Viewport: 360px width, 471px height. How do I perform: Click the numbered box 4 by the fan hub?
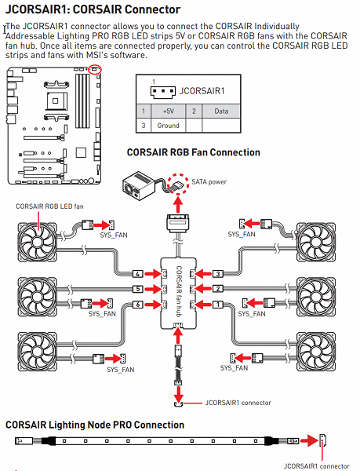click(138, 274)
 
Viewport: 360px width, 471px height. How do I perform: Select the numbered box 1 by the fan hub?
click(218, 305)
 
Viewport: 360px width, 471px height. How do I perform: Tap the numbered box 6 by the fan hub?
click(138, 305)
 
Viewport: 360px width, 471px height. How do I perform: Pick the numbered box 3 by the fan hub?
click(218, 274)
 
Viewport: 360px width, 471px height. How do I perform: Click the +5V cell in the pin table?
click(169, 111)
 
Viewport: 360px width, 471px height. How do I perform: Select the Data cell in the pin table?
click(221, 111)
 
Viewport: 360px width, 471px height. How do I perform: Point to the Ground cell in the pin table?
click(169, 126)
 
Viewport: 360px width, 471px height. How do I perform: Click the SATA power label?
click(209, 182)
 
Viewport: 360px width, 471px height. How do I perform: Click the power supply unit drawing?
click(139, 186)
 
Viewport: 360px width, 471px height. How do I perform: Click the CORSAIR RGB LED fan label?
click(49, 206)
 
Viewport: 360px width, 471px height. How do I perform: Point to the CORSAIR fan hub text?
click(179, 291)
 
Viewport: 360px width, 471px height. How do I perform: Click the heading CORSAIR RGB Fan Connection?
click(194, 152)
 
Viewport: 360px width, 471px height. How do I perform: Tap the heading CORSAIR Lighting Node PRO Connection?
click(95, 425)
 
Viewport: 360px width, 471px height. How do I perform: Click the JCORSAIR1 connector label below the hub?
click(238, 403)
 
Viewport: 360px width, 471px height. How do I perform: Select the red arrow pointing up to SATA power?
click(179, 205)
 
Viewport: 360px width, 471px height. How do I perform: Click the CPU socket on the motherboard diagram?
click(55, 100)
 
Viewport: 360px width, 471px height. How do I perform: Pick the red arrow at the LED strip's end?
click(309, 441)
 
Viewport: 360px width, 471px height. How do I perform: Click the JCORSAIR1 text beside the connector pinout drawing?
click(202, 91)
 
